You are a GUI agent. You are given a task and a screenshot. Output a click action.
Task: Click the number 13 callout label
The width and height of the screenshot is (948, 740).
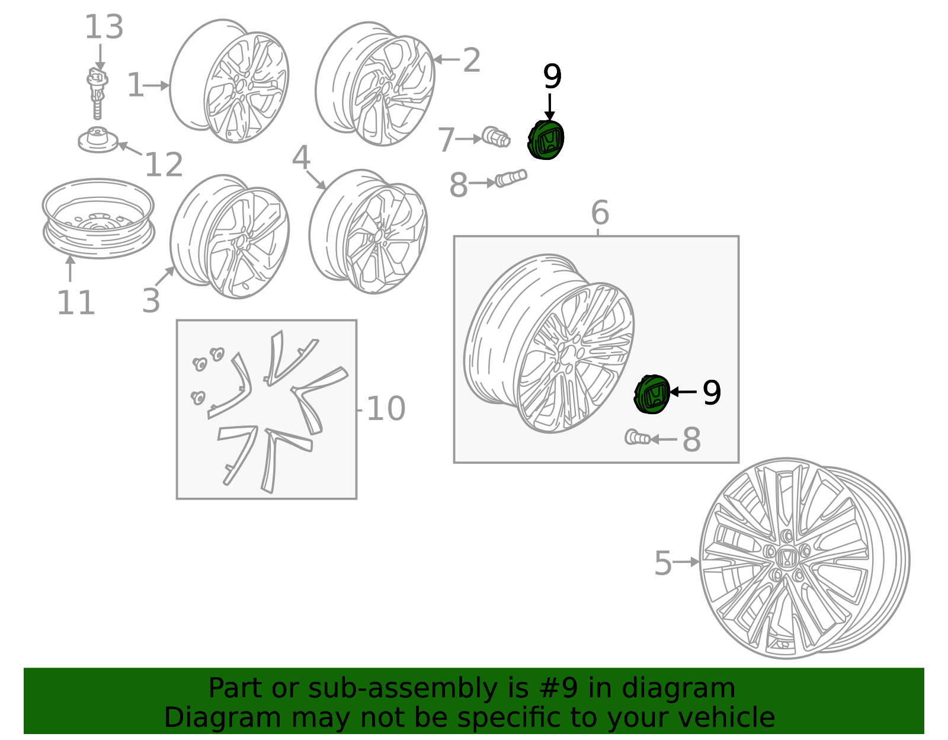coord(104,27)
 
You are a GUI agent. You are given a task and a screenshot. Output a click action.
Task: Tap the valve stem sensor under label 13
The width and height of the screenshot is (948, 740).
coord(97,92)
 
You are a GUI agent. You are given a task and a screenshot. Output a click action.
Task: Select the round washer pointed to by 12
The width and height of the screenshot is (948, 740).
coord(98,140)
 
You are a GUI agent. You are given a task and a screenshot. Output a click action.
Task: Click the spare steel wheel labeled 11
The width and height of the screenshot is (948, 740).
coord(98,218)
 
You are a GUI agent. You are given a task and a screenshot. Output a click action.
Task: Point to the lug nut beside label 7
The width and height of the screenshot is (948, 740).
coord(496,137)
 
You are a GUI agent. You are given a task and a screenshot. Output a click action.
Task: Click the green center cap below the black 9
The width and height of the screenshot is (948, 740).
coord(546,140)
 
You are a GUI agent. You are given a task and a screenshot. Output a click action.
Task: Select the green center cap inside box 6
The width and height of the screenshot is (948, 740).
coord(652,394)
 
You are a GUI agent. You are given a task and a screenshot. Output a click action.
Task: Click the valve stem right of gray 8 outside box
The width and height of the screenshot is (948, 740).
coord(511,178)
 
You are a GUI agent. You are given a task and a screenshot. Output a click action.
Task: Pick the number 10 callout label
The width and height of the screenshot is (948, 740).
coord(386,409)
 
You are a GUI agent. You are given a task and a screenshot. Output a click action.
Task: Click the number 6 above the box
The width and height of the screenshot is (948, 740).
coord(600,212)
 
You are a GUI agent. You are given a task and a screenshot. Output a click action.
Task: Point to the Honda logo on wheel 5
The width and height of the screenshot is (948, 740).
coord(785,558)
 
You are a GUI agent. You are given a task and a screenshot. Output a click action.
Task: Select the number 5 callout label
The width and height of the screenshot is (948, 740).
coord(662,563)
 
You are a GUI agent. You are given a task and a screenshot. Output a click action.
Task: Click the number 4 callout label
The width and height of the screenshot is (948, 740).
coord(302,157)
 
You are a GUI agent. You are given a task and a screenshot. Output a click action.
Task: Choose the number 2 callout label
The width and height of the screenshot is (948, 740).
coord(472,60)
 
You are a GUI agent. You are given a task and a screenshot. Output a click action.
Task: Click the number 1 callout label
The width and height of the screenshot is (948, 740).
coord(135,85)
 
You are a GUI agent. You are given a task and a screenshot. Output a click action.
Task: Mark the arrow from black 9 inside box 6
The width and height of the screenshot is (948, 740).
coord(683,392)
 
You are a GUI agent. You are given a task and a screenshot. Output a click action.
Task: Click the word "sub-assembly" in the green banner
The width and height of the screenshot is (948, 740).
coord(403,688)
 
